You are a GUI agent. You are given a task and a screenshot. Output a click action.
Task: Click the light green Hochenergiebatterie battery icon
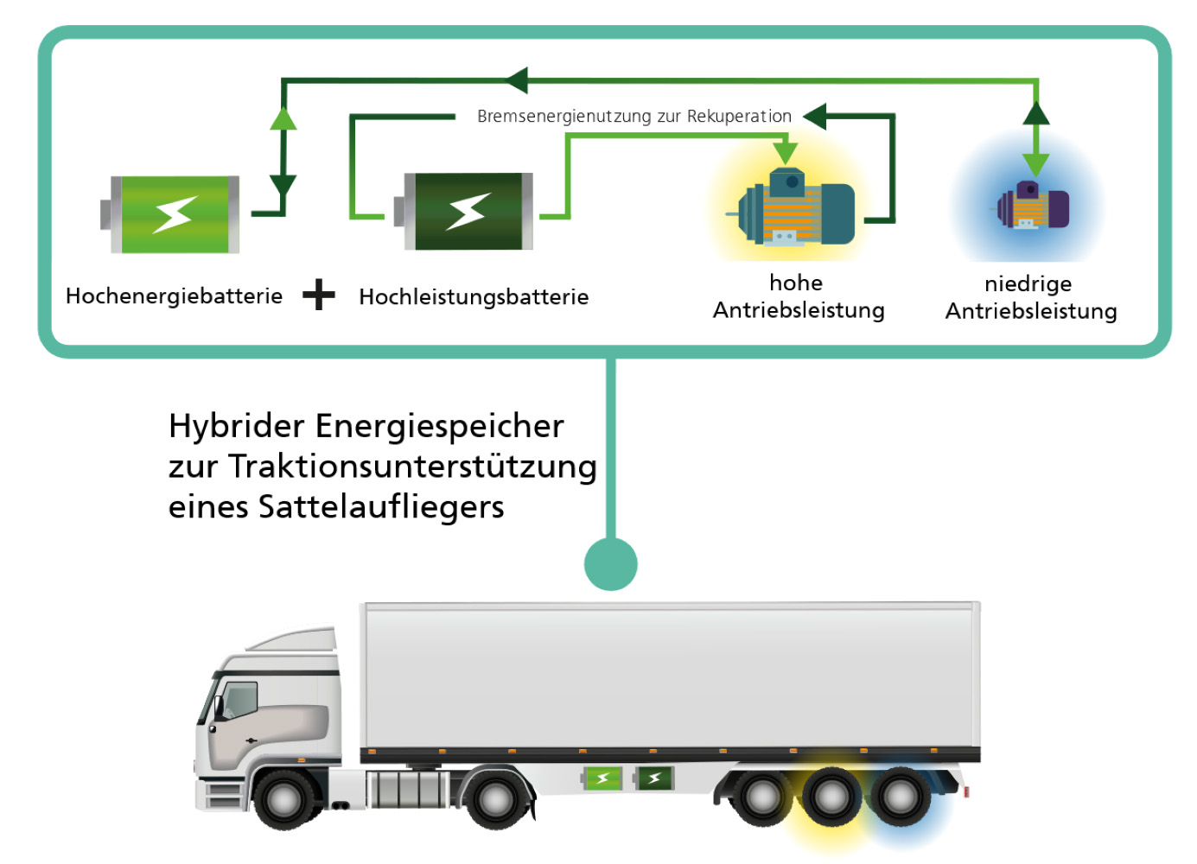click(173, 214)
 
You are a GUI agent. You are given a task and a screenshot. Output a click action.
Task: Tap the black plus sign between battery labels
click(319, 295)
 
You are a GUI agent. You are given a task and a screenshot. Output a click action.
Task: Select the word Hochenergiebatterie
click(174, 296)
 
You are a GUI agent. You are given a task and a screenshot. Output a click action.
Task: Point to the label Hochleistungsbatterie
click(474, 297)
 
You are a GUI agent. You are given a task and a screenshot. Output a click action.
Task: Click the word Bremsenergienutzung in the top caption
click(563, 117)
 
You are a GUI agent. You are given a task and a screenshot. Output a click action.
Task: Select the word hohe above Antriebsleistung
click(796, 283)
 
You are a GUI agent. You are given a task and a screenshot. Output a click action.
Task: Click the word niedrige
click(1028, 284)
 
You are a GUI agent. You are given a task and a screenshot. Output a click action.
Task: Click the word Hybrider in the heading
click(236, 427)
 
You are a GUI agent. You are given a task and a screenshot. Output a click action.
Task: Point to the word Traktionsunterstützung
click(412, 467)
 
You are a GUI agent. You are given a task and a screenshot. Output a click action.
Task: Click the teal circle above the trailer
click(611, 564)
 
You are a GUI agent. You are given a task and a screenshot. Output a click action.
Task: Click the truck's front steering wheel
click(285, 799)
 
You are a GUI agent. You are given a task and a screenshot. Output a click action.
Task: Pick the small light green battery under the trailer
click(602, 778)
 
